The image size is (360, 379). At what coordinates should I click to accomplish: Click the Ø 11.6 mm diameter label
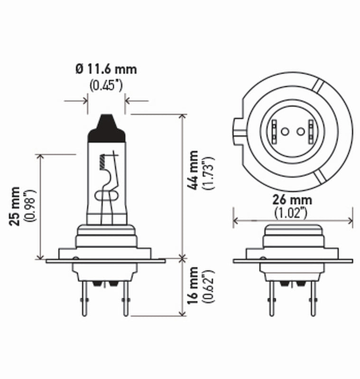pyautogui.click(x=106, y=70)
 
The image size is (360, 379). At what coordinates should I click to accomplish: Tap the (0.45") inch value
pyautogui.click(x=106, y=86)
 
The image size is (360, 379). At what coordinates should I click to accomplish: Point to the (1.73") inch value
pyautogui.click(x=208, y=172)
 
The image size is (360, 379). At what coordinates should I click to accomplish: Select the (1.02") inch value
pyautogui.click(x=292, y=213)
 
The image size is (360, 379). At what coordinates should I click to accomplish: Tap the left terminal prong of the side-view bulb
pyautogui.click(x=84, y=298)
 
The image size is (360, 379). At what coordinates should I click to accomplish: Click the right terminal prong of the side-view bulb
pyautogui.click(x=125, y=298)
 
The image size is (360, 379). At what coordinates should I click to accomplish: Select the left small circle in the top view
pyautogui.click(x=285, y=131)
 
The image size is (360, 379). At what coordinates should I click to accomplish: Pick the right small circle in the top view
pyautogui.click(x=299, y=131)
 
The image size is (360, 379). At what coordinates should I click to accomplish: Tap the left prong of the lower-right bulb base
pyautogui.click(x=271, y=298)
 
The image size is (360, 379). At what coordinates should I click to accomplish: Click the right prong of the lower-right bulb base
pyautogui.click(x=313, y=298)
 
